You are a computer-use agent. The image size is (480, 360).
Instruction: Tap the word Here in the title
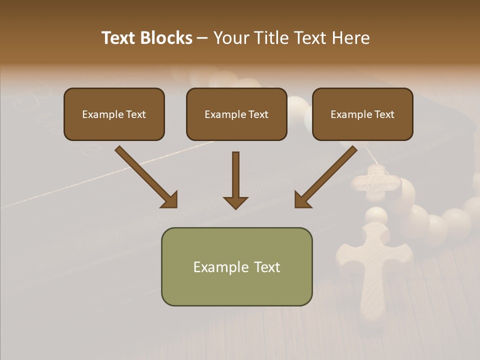pos(349,38)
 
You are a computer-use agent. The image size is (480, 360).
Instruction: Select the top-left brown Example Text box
pos(114,114)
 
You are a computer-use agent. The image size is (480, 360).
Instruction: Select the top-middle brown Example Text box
pos(236,114)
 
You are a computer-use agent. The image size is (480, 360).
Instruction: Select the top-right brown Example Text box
pos(362,114)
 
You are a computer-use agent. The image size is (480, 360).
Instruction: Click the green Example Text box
pos(236,266)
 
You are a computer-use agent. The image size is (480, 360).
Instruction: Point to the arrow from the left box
pos(145,176)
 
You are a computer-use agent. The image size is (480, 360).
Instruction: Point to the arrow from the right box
pos(326,176)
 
